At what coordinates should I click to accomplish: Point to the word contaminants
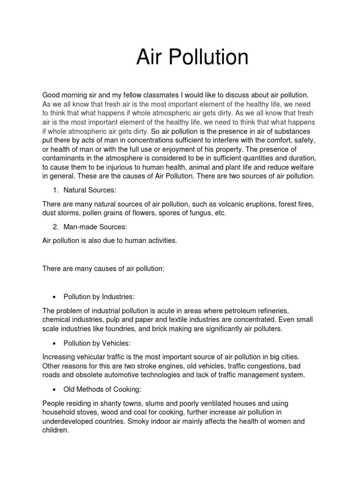(64, 159)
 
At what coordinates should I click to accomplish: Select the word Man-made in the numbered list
(80, 227)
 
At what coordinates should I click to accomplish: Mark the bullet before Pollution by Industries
(56, 297)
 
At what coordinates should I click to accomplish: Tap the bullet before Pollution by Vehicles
(56, 343)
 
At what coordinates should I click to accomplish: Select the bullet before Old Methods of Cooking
(56, 389)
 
